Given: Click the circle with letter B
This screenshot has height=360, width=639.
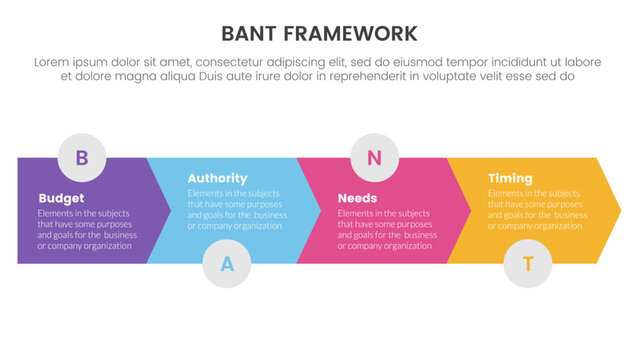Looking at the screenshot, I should pos(82,156).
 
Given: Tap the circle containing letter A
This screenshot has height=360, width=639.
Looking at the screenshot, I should pos(227,264).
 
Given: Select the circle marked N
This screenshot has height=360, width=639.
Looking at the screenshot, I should pos(374,156).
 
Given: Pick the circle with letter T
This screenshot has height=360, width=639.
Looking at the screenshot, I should pos(528,264).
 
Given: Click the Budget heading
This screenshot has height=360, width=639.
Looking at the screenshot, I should pos(61,198).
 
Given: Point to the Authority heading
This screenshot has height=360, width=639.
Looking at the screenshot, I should pos(217,179).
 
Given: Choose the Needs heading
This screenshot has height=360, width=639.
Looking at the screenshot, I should pos(357,198).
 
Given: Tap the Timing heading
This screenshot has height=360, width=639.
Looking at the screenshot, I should pos(510,179).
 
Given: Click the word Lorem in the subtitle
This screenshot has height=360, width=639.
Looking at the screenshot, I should pos(53,62).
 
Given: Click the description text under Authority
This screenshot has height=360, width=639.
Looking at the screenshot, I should pos(238,210).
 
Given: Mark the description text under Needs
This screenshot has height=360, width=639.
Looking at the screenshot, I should pos(387,229).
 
